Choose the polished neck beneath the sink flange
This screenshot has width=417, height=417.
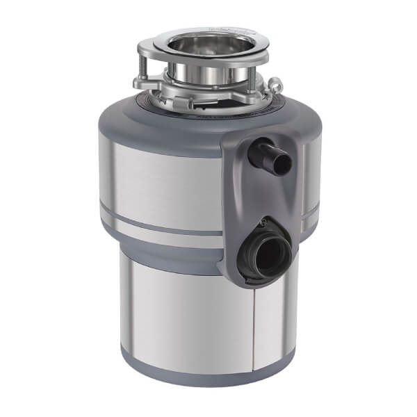[208, 73]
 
